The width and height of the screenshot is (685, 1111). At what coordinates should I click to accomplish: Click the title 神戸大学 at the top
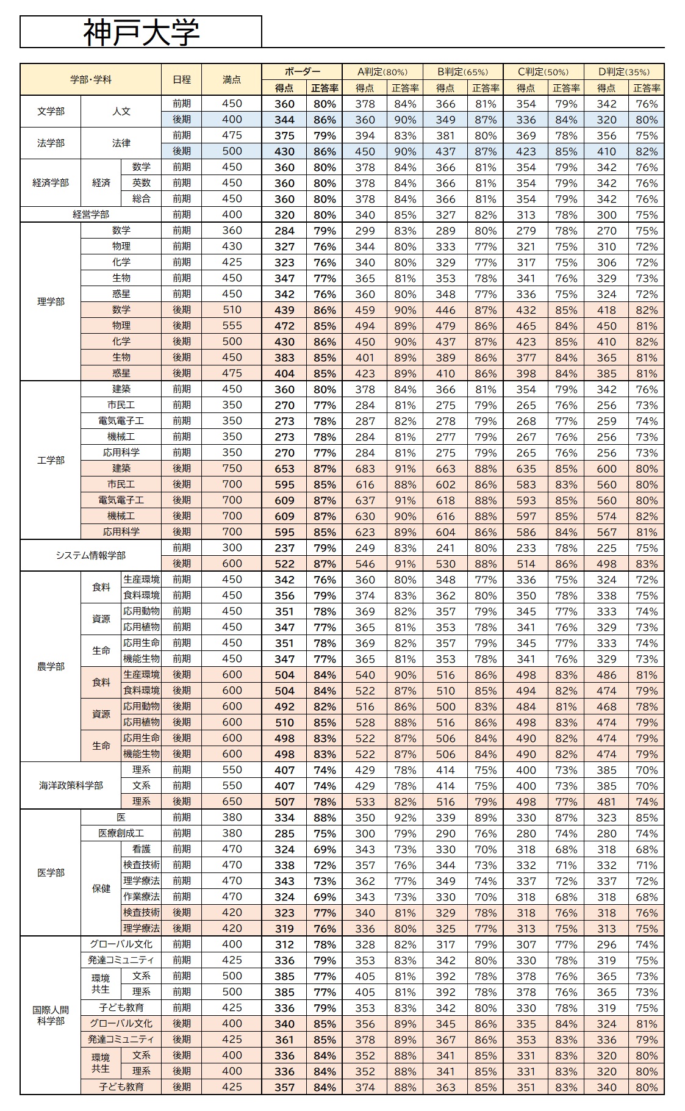(x=141, y=32)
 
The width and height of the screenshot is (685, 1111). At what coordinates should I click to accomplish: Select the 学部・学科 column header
(x=91, y=79)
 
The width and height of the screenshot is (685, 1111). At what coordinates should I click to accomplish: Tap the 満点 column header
(x=232, y=79)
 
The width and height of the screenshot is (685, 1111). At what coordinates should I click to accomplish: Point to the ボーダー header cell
(x=301, y=71)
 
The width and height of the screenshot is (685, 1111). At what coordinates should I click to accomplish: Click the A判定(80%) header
(x=382, y=71)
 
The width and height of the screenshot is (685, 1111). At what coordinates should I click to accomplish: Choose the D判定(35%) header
(x=623, y=71)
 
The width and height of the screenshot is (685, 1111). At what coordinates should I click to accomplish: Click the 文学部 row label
(x=51, y=111)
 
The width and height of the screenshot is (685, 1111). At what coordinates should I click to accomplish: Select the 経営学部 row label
(x=91, y=214)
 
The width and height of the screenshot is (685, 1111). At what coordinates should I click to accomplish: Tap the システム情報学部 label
(x=91, y=555)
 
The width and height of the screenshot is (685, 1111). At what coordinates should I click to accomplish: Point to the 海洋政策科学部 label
(x=71, y=785)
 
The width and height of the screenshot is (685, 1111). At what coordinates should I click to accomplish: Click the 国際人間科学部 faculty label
(x=51, y=1015)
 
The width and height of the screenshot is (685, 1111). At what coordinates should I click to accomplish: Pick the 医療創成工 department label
(x=121, y=833)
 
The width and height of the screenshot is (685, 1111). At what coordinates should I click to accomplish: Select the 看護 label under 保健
(x=142, y=849)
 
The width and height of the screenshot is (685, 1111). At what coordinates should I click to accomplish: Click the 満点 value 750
(x=232, y=468)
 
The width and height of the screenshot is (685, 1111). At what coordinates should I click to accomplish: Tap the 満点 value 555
(x=232, y=325)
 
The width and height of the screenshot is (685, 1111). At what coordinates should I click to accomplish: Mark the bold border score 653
(x=284, y=469)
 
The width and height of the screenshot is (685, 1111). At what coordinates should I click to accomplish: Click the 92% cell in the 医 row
(x=405, y=818)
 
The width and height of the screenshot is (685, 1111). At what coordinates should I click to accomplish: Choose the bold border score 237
(x=284, y=548)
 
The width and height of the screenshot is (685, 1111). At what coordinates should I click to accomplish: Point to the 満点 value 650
(x=232, y=801)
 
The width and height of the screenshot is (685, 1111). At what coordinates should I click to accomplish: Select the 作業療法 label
(x=142, y=896)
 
